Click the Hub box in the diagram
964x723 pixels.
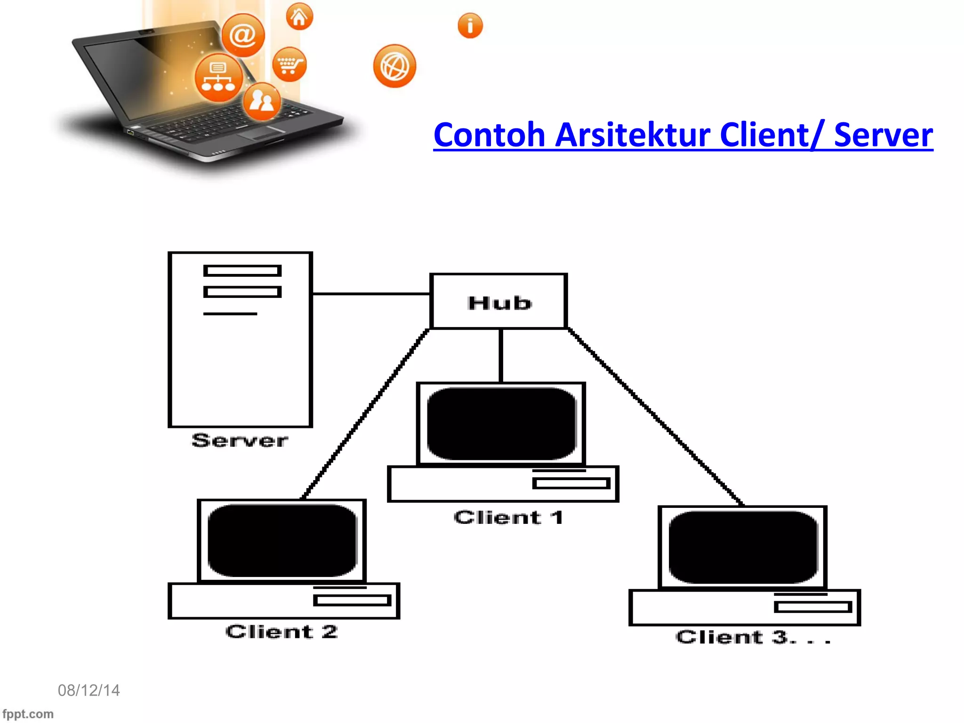[x=499, y=301]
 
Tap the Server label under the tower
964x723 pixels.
[x=240, y=440]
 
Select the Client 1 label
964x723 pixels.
[x=508, y=517]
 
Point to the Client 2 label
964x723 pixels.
[x=281, y=632]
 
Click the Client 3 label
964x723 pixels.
[x=752, y=637]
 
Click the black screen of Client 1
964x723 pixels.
[x=502, y=424]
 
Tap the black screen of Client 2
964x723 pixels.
[x=282, y=540]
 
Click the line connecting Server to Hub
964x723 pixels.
[x=371, y=294]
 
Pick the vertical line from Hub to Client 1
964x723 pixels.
[x=501, y=355]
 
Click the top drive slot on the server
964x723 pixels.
[x=242, y=271]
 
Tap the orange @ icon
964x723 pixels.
[x=243, y=35]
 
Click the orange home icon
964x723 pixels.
[x=299, y=17]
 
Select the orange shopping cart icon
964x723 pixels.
[x=289, y=64]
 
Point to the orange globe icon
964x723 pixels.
[x=394, y=66]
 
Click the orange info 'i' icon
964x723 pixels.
[x=470, y=25]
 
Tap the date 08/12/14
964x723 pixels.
[x=88, y=690]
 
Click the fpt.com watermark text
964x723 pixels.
[x=28, y=714]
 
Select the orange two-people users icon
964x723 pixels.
[x=262, y=101]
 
